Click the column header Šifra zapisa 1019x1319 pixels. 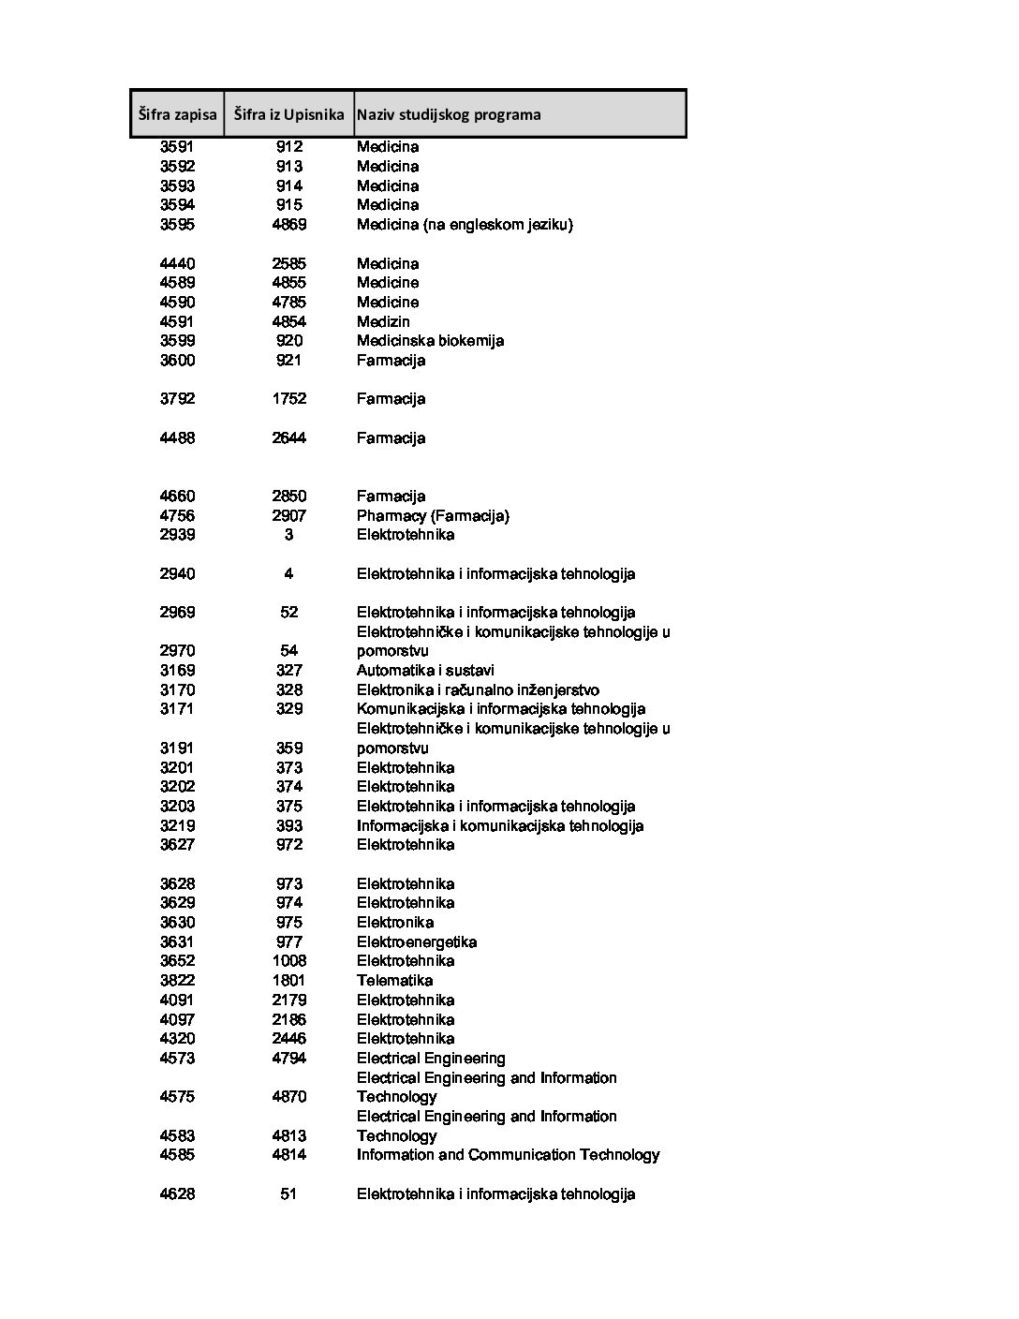point(177,114)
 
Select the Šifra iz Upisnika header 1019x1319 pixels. point(288,114)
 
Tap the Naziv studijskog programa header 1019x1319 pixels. point(449,114)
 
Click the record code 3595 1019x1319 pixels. point(177,225)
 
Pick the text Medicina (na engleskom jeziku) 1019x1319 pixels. point(465,225)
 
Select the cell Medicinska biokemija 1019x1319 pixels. point(430,341)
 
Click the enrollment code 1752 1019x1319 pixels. point(289,399)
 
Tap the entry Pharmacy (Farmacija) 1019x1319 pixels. point(433,516)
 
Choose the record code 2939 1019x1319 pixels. point(177,535)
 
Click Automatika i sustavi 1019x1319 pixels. point(425,671)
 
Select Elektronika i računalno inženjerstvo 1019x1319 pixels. point(478,690)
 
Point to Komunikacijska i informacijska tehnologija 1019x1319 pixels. point(501,709)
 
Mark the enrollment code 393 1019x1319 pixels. point(289,826)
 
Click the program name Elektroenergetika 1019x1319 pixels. point(417,942)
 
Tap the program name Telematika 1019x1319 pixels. point(394,981)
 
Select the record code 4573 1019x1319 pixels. point(177,1059)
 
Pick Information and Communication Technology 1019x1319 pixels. point(508,1155)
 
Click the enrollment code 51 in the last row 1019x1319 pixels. point(288,1194)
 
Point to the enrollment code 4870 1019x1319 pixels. point(289,1097)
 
